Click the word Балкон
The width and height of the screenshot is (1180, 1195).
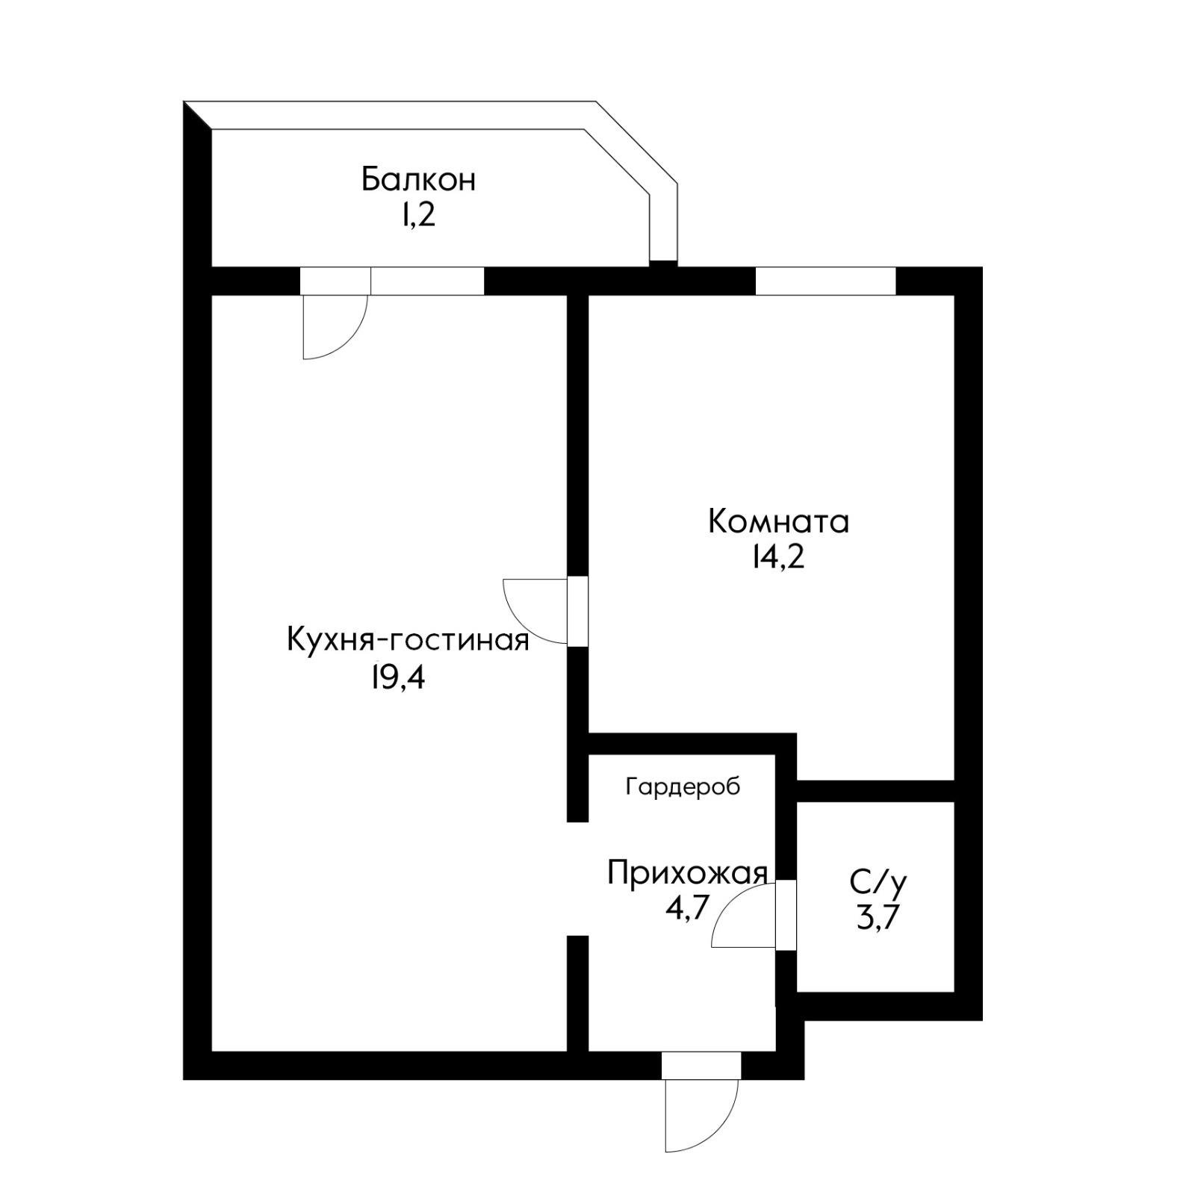pyautogui.click(x=418, y=180)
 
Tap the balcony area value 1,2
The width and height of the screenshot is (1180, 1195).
pyautogui.click(x=418, y=216)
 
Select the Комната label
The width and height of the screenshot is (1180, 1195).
pyautogui.click(x=778, y=521)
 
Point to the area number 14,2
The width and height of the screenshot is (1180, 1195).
pyautogui.click(x=778, y=557)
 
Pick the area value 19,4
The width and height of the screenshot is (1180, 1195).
pyautogui.click(x=397, y=677)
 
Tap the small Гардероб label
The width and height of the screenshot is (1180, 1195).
pyautogui.click(x=683, y=786)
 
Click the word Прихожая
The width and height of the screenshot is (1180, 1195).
pyautogui.click(x=687, y=872)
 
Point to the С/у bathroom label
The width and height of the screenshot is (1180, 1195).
pyautogui.click(x=878, y=882)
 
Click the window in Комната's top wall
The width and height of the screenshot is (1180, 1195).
pyautogui.click(x=825, y=281)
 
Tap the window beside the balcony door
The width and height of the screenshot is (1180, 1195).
pyautogui.click(x=427, y=281)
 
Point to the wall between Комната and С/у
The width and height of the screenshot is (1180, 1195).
pyautogui.click(x=875, y=790)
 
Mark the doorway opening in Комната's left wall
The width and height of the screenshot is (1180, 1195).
pyautogui.click(x=577, y=611)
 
